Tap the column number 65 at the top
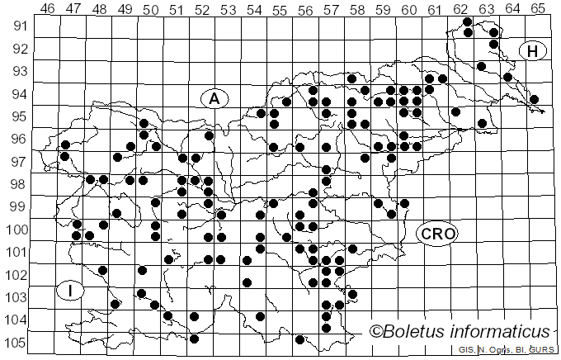tap(537, 9)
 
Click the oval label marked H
tap(533, 52)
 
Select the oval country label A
tap(214, 98)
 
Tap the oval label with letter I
tap(72, 291)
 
